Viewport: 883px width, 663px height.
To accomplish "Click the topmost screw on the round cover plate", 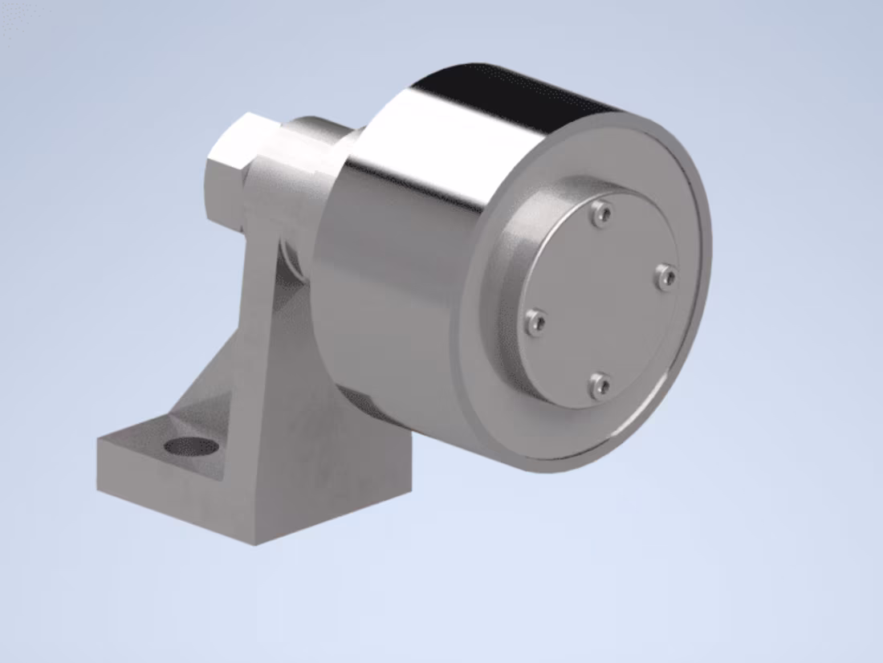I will pyautogui.click(x=601, y=213).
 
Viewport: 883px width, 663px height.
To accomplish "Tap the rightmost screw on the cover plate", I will pyautogui.click(x=665, y=278).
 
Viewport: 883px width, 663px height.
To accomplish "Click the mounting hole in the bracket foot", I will pyautogui.click(x=192, y=446).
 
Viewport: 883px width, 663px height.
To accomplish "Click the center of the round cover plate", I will pyautogui.click(x=600, y=299).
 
